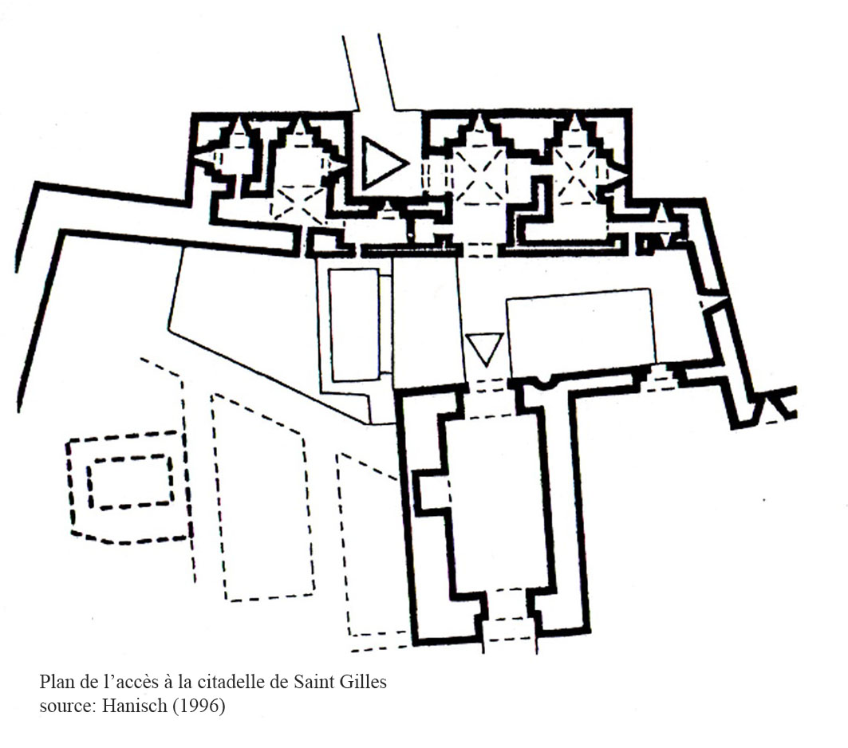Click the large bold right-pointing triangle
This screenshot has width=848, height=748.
(x=381, y=163)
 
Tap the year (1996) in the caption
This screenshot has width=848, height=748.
(x=199, y=706)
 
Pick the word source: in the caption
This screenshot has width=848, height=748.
(x=68, y=707)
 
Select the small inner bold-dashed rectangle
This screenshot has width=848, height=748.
(x=130, y=482)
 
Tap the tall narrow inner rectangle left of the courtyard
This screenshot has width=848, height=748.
(x=355, y=325)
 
